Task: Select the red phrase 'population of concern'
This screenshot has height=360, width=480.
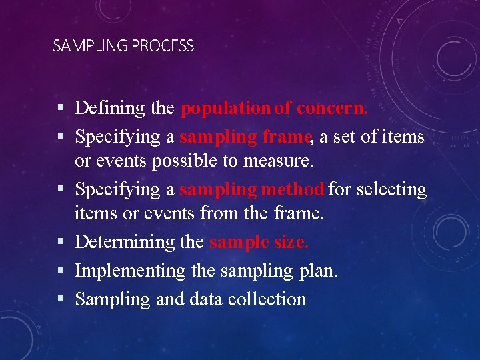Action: tap(273, 108)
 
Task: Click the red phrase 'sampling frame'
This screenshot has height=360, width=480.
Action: tap(245, 137)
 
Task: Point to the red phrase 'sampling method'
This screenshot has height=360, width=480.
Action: tap(252, 189)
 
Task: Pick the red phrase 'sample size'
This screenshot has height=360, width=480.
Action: tap(258, 242)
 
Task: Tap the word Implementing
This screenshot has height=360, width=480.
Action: tap(130, 271)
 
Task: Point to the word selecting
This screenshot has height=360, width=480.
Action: tap(391, 190)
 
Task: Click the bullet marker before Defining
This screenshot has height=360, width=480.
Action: tap(61, 108)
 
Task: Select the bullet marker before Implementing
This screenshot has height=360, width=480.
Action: tap(61, 271)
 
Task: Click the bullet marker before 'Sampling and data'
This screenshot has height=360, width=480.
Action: tap(61, 299)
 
